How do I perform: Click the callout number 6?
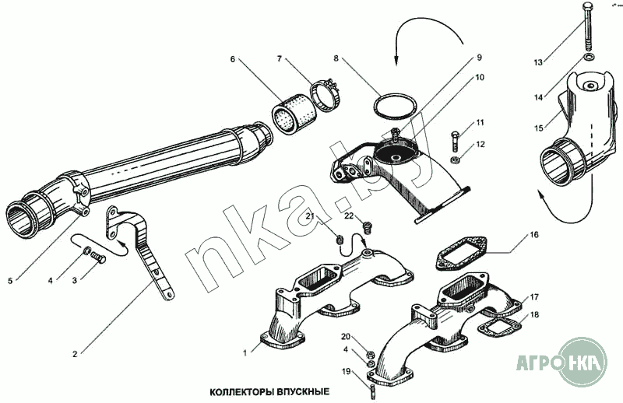232,60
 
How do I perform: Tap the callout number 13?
538,63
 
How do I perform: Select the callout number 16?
534,235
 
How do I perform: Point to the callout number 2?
75,354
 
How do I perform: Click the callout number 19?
346,372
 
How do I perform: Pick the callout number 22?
349,216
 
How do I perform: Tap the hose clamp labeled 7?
325,96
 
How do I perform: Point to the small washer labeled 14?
589,58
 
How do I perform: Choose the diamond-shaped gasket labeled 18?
500,328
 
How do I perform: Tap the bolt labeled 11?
456,142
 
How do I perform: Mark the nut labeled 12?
456,160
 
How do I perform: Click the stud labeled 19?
373,391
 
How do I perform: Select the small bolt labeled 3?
99,257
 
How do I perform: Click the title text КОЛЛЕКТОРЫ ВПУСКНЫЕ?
269,392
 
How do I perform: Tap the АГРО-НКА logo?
561,362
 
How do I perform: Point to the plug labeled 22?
368,226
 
